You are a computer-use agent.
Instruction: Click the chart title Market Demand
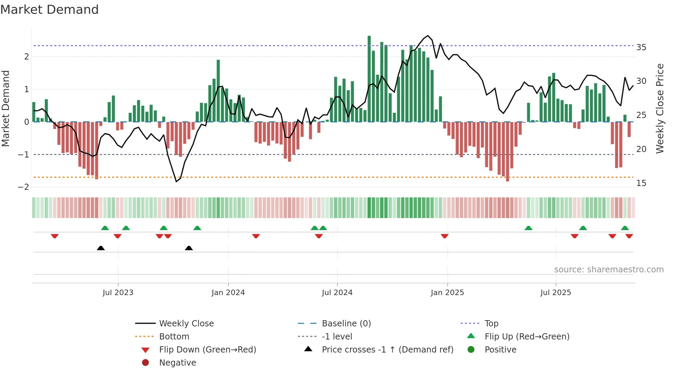50,10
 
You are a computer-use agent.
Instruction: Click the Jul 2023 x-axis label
118,293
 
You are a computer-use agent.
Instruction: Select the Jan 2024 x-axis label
228,293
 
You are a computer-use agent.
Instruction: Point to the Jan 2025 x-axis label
447,293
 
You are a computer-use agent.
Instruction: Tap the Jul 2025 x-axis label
555,293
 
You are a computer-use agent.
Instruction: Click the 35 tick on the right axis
641,47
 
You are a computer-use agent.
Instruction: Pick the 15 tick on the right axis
641,183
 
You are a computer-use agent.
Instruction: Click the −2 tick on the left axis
24,187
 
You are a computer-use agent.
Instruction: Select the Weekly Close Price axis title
660,108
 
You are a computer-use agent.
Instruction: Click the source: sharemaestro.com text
609,270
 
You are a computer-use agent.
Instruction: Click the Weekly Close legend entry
186,324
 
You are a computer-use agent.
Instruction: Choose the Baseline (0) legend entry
346,324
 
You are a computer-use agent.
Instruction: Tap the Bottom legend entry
174,337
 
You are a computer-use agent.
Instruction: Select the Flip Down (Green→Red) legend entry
207,350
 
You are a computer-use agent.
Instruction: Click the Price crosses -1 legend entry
388,350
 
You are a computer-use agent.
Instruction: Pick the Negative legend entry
177,363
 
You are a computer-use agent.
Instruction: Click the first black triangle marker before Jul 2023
101,248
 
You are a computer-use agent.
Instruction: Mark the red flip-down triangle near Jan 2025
445,236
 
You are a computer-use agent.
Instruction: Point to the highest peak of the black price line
428,36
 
